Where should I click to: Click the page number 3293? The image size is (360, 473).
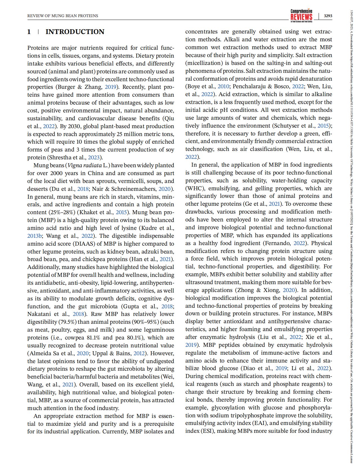(328, 16)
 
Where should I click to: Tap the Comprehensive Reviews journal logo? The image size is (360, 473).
(301, 15)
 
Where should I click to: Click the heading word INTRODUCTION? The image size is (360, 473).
(75, 32)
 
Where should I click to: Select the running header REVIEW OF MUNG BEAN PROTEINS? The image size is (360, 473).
(63, 16)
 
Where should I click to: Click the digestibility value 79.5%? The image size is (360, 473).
(67, 322)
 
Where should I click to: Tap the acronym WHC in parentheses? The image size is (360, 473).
(194, 188)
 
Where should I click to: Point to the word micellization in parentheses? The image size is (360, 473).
(202, 63)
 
